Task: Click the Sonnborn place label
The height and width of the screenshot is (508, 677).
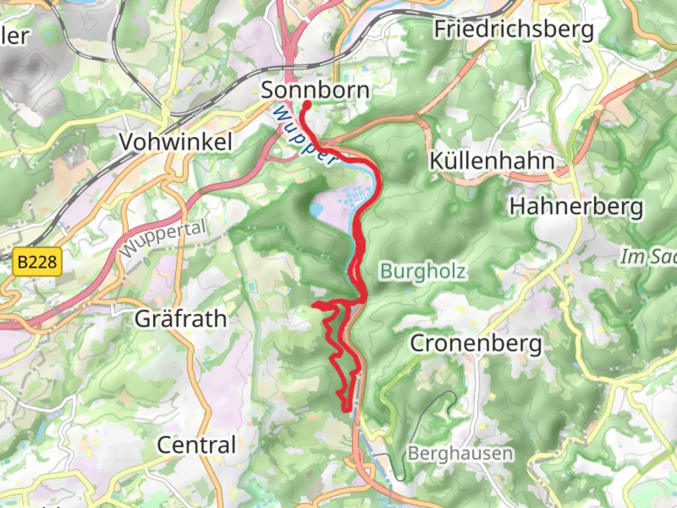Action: pyautogui.click(x=315, y=90)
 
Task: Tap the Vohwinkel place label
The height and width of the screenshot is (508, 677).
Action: pyautogui.click(x=175, y=142)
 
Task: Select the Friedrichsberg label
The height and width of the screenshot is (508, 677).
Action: pyautogui.click(x=514, y=29)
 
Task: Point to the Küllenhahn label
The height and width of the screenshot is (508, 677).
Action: pyautogui.click(x=492, y=161)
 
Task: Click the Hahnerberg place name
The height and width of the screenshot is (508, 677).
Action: pyautogui.click(x=576, y=206)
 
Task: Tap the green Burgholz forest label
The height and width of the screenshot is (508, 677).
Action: pyautogui.click(x=423, y=271)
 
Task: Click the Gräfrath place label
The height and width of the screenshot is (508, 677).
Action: pyautogui.click(x=181, y=319)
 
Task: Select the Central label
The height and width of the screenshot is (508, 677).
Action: pyautogui.click(x=196, y=445)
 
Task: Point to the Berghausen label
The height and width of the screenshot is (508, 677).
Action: pyautogui.click(x=460, y=453)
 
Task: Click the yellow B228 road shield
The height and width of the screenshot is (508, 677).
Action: pyautogui.click(x=37, y=262)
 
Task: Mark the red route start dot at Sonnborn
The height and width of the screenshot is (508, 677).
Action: pyautogui.click(x=306, y=105)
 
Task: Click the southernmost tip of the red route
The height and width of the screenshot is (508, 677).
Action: pyautogui.click(x=346, y=410)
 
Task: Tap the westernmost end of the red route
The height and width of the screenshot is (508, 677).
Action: pyautogui.click(x=314, y=305)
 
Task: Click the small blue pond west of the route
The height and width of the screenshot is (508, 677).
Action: pyautogui.click(x=315, y=209)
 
